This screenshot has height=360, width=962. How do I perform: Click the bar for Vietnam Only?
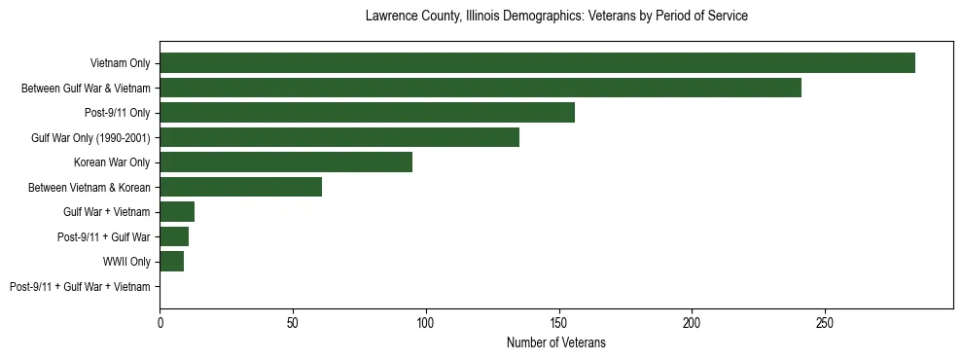click(537, 63)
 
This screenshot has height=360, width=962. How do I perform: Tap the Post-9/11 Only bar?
click(367, 113)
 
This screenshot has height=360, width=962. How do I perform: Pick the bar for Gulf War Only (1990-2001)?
click(339, 137)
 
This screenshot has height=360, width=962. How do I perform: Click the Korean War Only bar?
click(286, 162)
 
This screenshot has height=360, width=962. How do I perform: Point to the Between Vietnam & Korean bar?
click(240, 187)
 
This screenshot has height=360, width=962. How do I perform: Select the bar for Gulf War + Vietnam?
click(177, 212)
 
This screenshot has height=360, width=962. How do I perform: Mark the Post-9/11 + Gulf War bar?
click(174, 236)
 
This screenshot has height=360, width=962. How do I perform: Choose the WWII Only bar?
click(172, 262)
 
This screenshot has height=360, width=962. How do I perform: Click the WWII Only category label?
click(126, 262)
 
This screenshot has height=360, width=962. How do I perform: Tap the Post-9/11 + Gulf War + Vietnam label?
click(80, 287)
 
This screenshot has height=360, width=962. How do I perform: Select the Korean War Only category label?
click(112, 162)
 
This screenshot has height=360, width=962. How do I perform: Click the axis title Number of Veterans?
click(556, 342)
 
